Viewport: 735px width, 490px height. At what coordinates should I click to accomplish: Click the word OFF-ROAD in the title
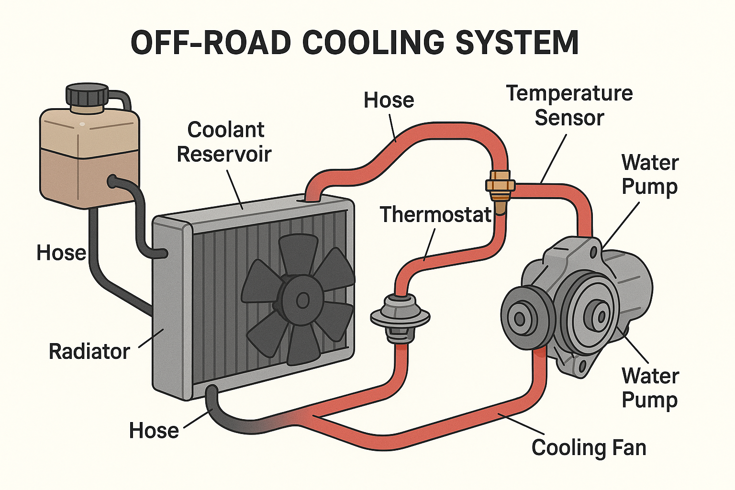tap(211, 43)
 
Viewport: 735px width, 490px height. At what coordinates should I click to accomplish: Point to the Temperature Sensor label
tap(569, 105)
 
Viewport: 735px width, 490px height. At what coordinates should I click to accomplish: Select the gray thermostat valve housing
tap(400, 317)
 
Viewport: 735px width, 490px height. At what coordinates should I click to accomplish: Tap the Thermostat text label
tap(435, 215)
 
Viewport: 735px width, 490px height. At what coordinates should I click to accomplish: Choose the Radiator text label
tap(89, 352)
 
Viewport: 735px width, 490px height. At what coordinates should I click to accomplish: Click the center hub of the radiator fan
tap(302, 301)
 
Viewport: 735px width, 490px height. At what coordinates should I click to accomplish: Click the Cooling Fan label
tap(589, 448)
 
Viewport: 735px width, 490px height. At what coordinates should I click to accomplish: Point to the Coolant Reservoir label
tap(224, 142)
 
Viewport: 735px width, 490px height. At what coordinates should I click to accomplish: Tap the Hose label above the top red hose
tap(389, 100)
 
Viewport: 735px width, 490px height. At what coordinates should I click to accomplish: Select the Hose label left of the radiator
tap(61, 253)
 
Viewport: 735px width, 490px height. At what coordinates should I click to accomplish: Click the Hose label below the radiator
tap(154, 431)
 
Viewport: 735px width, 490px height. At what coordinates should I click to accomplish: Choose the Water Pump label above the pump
tap(650, 175)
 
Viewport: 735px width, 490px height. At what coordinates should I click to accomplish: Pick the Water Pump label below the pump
tap(650, 388)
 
